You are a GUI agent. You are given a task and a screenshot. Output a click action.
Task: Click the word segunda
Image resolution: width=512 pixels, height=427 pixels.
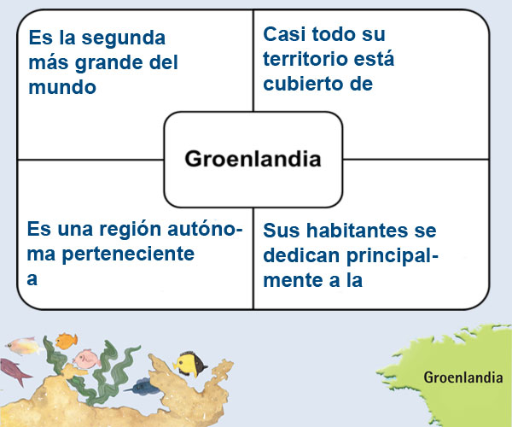[124, 39]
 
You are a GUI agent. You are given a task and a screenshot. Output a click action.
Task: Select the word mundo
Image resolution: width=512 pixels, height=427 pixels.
[62, 87]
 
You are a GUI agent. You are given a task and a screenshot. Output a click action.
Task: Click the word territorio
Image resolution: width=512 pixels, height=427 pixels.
[305, 59]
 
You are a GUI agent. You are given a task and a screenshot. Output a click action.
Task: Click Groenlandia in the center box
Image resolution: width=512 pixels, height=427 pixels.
[253, 159]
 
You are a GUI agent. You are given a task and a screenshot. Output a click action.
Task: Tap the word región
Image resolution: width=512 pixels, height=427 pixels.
[130, 230]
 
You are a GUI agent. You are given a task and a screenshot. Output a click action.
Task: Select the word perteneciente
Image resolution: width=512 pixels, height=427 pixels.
[128, 254]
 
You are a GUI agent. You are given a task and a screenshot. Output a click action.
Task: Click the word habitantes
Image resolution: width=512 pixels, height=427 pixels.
[357, 231]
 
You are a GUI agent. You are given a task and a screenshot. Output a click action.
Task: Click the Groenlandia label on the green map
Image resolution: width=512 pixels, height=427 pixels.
[463, 377]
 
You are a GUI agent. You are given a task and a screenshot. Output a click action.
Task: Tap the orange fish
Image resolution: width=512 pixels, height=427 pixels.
[67, 341]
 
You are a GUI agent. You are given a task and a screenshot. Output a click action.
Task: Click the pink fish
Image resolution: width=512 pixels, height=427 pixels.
[87, 359]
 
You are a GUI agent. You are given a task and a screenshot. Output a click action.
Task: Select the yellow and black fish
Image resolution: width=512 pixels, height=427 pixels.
[190, 364]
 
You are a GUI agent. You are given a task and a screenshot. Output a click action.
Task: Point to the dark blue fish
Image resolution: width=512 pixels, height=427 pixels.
[142, 386]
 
